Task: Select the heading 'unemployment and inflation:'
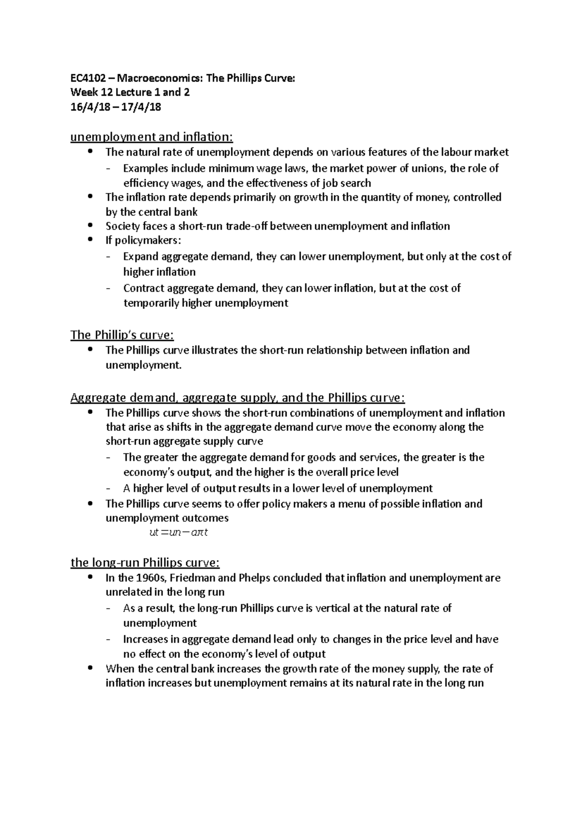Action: point(152,137)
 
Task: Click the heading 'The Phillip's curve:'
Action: point(122,335)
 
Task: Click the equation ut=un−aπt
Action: point(179,532)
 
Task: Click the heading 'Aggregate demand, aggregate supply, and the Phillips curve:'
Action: point(237,398)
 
